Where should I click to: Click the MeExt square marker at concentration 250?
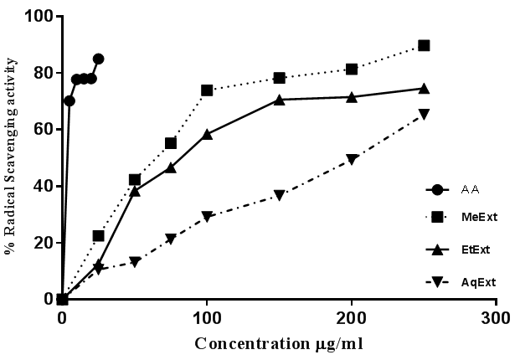[424, 45]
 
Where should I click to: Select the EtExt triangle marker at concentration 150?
[279, 99]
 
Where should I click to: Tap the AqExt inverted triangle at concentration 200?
[352, 159]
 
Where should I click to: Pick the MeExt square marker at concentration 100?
[207, 90]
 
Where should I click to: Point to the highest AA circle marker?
[98, 59]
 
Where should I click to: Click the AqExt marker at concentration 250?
[424, 114]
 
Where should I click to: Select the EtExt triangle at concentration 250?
[424, 88]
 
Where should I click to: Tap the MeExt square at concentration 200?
[352, 69]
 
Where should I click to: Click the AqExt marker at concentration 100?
[207, 216]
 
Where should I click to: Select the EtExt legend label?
[473, 249]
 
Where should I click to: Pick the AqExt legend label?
[474, 282]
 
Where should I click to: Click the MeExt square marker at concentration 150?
[279, 78]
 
